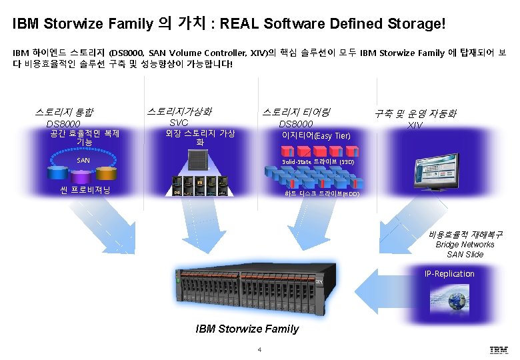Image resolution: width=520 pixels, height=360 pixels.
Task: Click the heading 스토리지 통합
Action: pos(65,112)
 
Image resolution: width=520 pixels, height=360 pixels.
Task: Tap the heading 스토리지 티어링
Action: pos(296,112)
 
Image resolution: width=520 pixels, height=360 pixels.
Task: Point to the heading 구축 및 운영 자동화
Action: pos(415,113)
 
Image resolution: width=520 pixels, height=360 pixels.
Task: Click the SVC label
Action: pos(179,123)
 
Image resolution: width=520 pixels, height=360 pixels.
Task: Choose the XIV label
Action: pos(415,125)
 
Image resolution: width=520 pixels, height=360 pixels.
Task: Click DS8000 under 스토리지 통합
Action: pos(63,124)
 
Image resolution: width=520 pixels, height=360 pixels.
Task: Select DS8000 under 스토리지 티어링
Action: pos(295,124)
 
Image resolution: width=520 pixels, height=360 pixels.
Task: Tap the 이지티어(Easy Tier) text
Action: pos(316,136)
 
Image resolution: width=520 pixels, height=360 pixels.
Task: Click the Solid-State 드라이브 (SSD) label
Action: pos(318,162)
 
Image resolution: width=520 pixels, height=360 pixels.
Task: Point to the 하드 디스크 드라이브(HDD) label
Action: pos(321,194)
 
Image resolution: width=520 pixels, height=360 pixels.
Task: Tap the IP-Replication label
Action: pos(449,273)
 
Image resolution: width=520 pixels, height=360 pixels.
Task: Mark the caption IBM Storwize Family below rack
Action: pos(247,329)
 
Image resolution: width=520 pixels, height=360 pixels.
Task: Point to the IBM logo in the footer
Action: pos(498,349)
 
